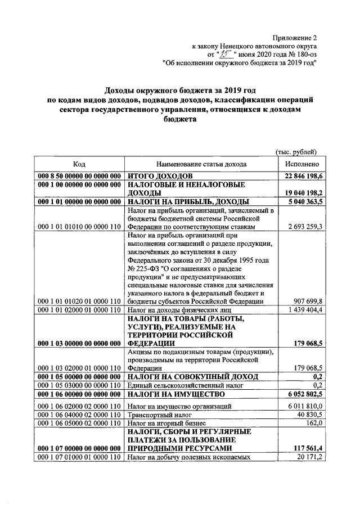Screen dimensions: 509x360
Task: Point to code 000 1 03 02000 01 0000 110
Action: click(x=79, y=368)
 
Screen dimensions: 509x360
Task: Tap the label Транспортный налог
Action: click(x=155, y=414)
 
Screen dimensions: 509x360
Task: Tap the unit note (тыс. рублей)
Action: click(x=296, y=151)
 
